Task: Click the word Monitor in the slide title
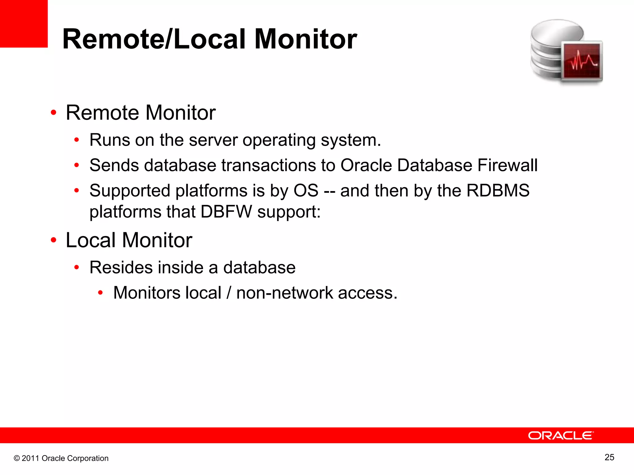(x=306, y=39)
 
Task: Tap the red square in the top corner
(x=24, y=24)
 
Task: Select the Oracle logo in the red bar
(x=561, y=435)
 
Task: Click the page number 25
(x=609, y=457)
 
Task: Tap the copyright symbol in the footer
(x=17, y=458)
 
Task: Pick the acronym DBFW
(x=226, y=212)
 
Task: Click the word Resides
(x=121, y=267)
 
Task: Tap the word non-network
(x=284, y=293)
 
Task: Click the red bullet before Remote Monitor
(x=54, y=113)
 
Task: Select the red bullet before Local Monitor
(x=54, y=240)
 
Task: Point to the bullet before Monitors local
(x=100, y=293)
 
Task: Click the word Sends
(x=114, y=165)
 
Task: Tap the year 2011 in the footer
(x=30, y=458)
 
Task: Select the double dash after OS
(x=329, y=191)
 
